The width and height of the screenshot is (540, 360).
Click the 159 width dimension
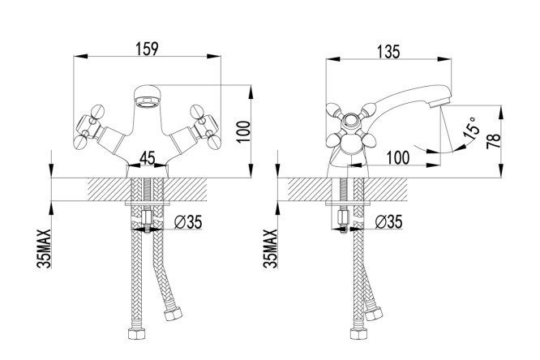(x=148, y=48)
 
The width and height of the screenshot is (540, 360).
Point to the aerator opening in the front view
(x=148, y=103)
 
